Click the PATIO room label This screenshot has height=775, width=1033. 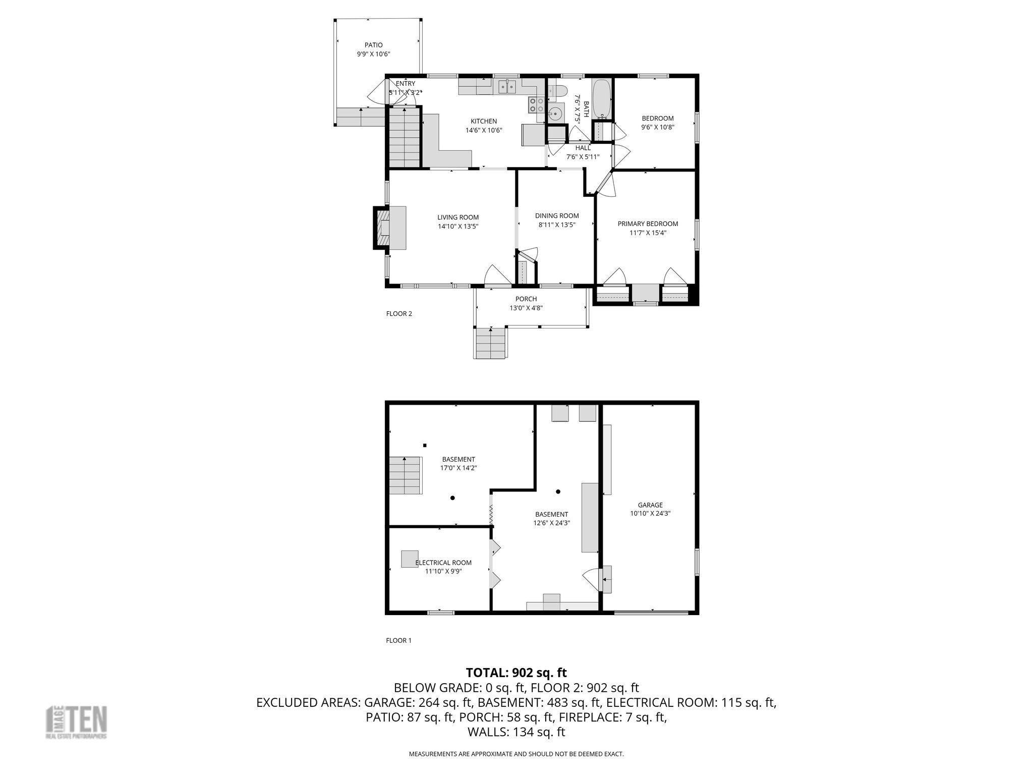tap(373, 45)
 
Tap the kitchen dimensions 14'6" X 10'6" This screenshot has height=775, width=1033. tap(484, 130)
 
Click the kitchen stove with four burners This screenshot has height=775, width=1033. tap(536, 105)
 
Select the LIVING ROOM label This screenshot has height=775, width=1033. tap(458, 217)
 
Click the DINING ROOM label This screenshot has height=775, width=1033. tap(557, 216)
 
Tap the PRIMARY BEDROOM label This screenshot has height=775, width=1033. tap(648, 224)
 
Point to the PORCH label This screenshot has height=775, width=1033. tap(526, 299)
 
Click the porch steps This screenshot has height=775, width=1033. tap(490, 343)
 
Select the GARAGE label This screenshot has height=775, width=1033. tap(650, 505)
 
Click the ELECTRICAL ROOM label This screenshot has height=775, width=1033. tap(443, 563)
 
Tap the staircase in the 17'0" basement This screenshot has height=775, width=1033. tap(405, 475)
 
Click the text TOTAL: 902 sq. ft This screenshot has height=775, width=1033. tap(516, 673)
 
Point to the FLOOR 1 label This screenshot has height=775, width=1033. tap(398, 640)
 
